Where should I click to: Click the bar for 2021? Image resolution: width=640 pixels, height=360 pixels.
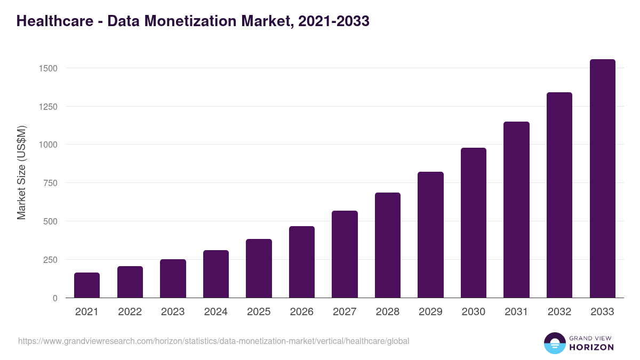point(87,285)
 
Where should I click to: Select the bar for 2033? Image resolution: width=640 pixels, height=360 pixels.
point(602,179)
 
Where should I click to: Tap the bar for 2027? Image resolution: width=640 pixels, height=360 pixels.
point(345,254)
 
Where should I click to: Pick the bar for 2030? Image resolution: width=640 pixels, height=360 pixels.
point(474,223)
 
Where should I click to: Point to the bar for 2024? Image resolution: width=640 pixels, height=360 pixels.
point(216,274)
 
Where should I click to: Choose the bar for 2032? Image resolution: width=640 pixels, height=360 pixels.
point(559,195)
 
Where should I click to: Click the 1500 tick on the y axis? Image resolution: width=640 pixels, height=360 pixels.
point(47,68)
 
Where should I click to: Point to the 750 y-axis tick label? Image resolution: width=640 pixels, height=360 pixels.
point(50,183)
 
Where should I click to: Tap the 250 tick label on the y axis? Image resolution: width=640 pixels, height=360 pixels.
point(50,260)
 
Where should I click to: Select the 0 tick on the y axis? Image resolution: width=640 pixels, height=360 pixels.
point(55,298)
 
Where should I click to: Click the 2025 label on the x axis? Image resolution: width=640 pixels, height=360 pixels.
point(259,312)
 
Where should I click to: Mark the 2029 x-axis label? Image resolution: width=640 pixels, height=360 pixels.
point(430,312)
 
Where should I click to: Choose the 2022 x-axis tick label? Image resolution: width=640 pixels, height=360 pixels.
point(130,312)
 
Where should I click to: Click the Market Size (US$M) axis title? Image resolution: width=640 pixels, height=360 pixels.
point(21,172)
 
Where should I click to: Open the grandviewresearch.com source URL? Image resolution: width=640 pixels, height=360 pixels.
point(213,341)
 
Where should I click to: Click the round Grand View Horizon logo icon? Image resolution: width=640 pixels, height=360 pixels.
point(554,343)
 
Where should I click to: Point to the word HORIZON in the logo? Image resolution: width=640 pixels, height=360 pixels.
point(591,347)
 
